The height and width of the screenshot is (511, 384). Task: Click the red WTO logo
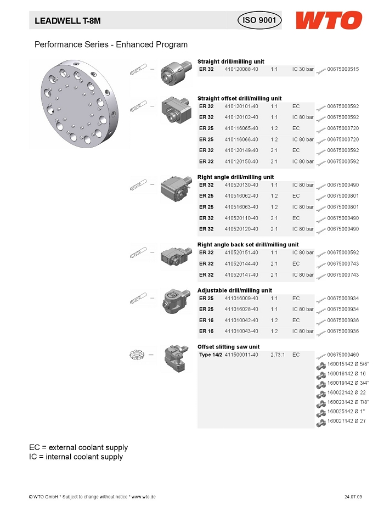[329, 21]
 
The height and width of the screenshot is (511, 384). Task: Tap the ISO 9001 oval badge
[259, 21]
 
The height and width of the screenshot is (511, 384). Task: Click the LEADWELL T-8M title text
[68, 21]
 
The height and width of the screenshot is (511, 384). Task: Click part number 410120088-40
[241, 70]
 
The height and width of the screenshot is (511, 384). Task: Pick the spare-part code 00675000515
[343, 70]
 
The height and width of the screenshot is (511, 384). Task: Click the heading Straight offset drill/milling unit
[239, 98]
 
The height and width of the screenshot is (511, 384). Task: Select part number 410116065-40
[241, 128]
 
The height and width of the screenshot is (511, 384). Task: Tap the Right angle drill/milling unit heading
[235, 177]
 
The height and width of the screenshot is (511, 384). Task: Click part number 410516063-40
[241, 207]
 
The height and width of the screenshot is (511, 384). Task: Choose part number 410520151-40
[241, 252]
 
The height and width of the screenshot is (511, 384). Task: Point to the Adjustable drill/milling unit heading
[234, 290]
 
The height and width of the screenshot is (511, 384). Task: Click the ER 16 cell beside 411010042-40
[206, 320]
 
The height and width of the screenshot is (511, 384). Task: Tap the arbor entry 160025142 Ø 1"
[346, 411]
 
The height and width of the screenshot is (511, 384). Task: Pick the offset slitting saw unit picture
[175, 357]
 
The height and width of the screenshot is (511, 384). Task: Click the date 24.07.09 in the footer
[353, 497]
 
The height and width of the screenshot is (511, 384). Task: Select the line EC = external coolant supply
[78, 447]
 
